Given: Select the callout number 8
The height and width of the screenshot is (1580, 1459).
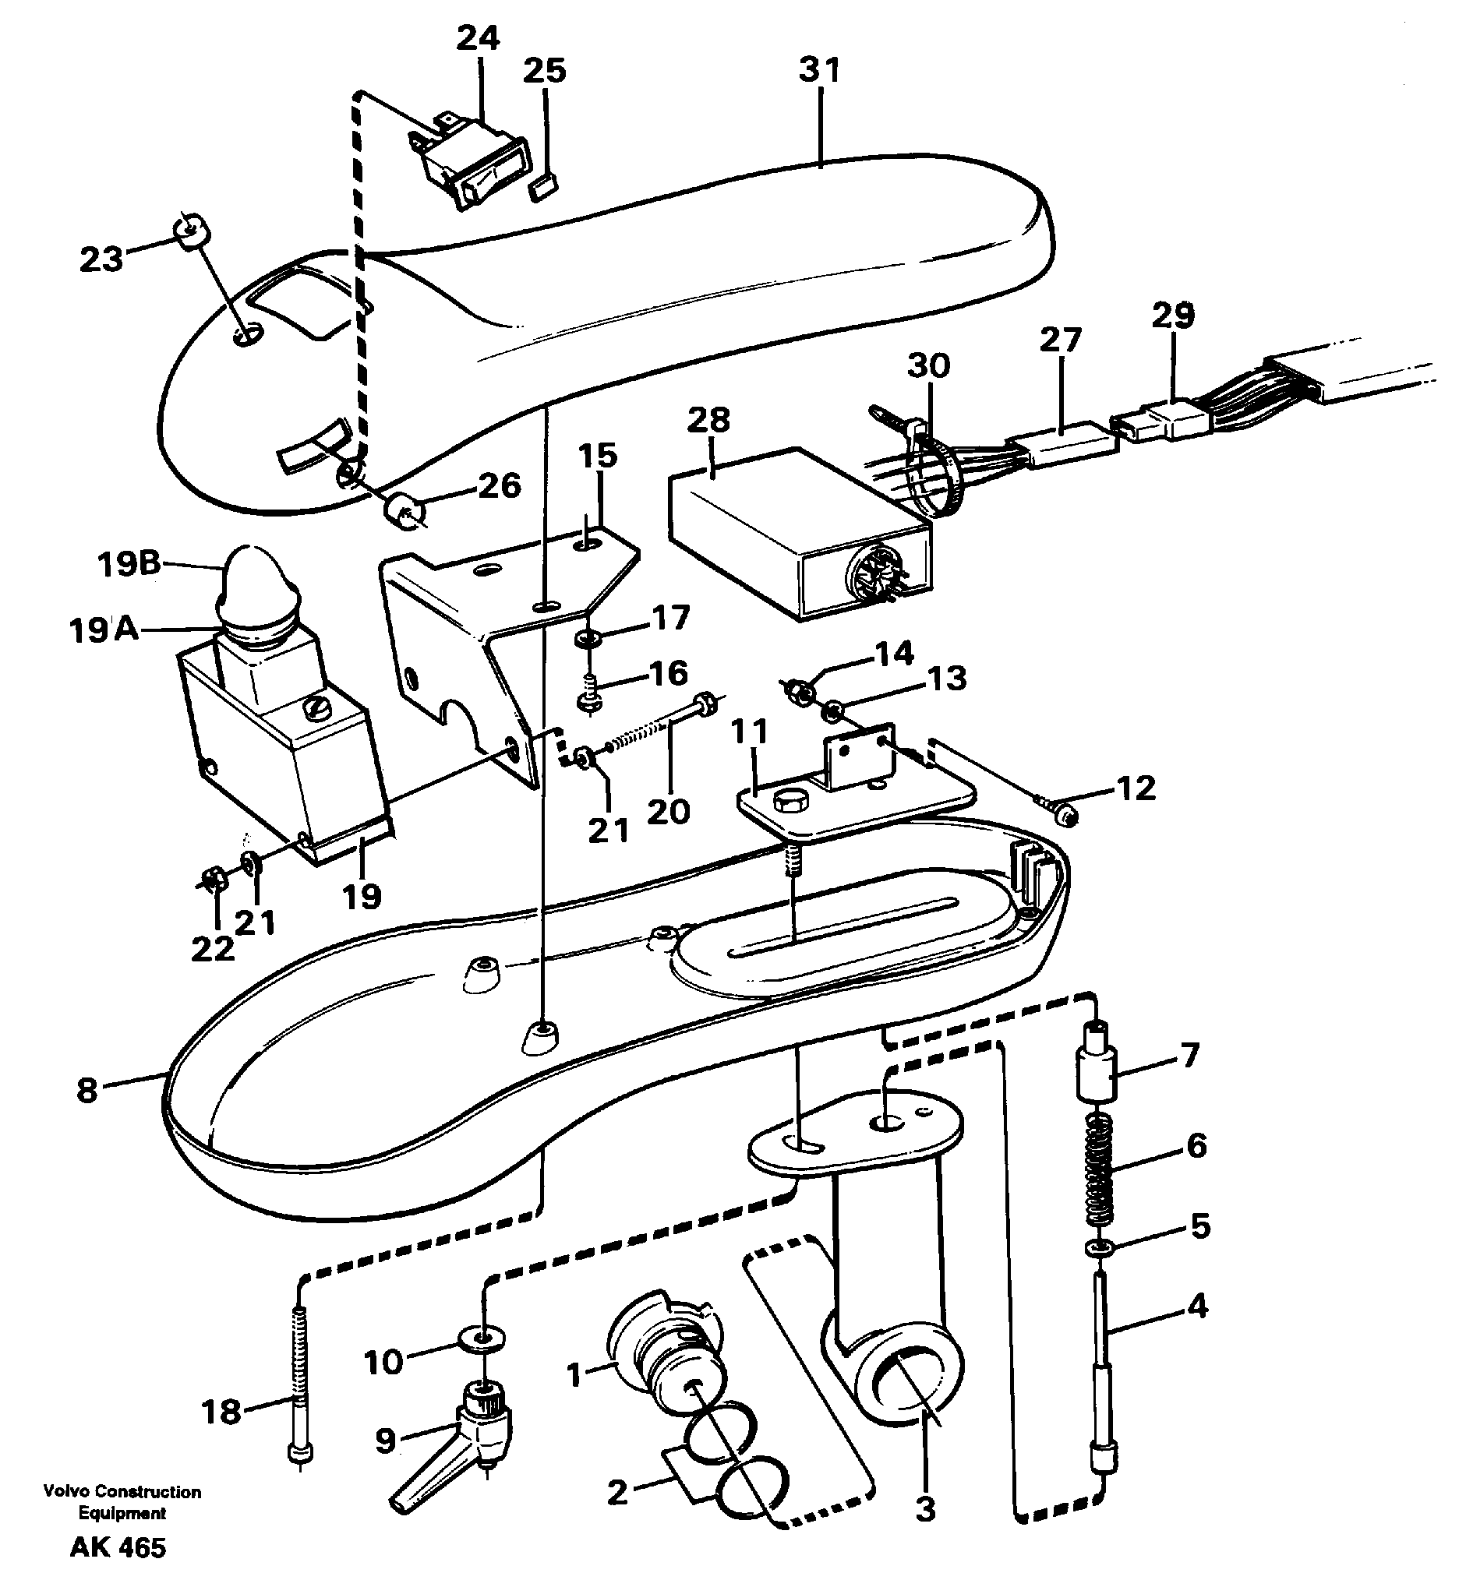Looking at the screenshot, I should tap(87, 1092).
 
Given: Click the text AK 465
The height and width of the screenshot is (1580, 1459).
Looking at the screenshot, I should tap(118, 1547).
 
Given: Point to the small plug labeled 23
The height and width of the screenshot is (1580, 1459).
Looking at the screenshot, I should tap(191, 233).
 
